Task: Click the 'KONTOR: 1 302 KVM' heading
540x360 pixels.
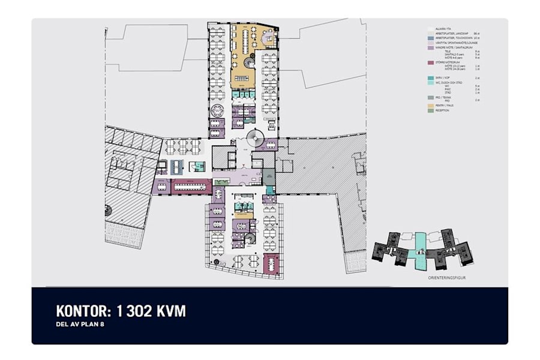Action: click(121, 311)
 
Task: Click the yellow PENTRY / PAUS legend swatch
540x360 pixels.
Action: click(430, 105)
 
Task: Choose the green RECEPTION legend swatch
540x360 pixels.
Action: click(430, 110)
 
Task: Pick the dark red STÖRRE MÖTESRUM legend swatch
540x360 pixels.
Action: click(430, 62)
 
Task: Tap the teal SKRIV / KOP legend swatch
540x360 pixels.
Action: click(430, 78)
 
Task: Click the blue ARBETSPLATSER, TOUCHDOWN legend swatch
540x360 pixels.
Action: click(430, 38)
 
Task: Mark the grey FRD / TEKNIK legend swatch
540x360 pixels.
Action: click(430, 97)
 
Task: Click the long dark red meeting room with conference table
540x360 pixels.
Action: click(191, 186)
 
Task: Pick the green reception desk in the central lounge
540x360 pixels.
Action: click(220, 181)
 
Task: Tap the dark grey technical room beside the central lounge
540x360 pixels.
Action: click(268, 178)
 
